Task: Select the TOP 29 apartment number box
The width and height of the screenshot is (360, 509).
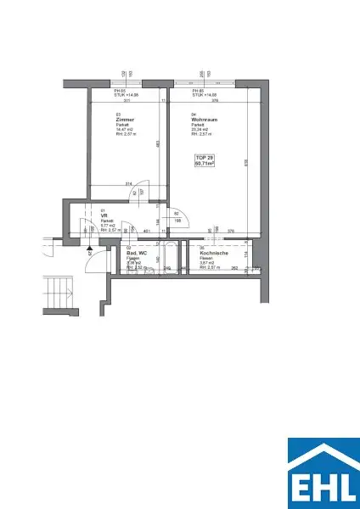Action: (205, 161)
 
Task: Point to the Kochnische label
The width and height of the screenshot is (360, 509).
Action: (212, 253)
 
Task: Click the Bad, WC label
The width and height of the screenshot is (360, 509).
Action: (136, 253)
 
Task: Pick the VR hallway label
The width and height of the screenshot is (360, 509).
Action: (104, 215)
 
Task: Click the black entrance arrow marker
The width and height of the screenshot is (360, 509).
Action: (89, 251)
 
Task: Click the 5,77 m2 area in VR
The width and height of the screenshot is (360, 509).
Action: (106, 225)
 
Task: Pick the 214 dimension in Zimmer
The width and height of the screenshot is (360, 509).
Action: (129, 183)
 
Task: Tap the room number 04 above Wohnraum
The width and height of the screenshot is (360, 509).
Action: (194, 114)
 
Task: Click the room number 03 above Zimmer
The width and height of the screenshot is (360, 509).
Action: (118, 114)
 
